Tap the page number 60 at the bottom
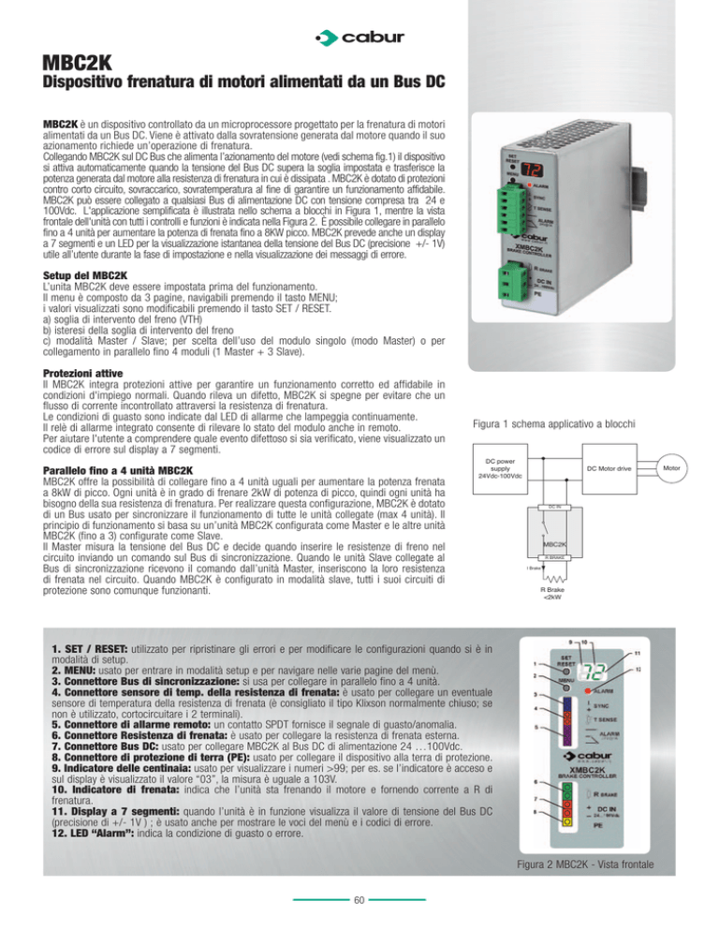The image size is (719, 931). (359, 901)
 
